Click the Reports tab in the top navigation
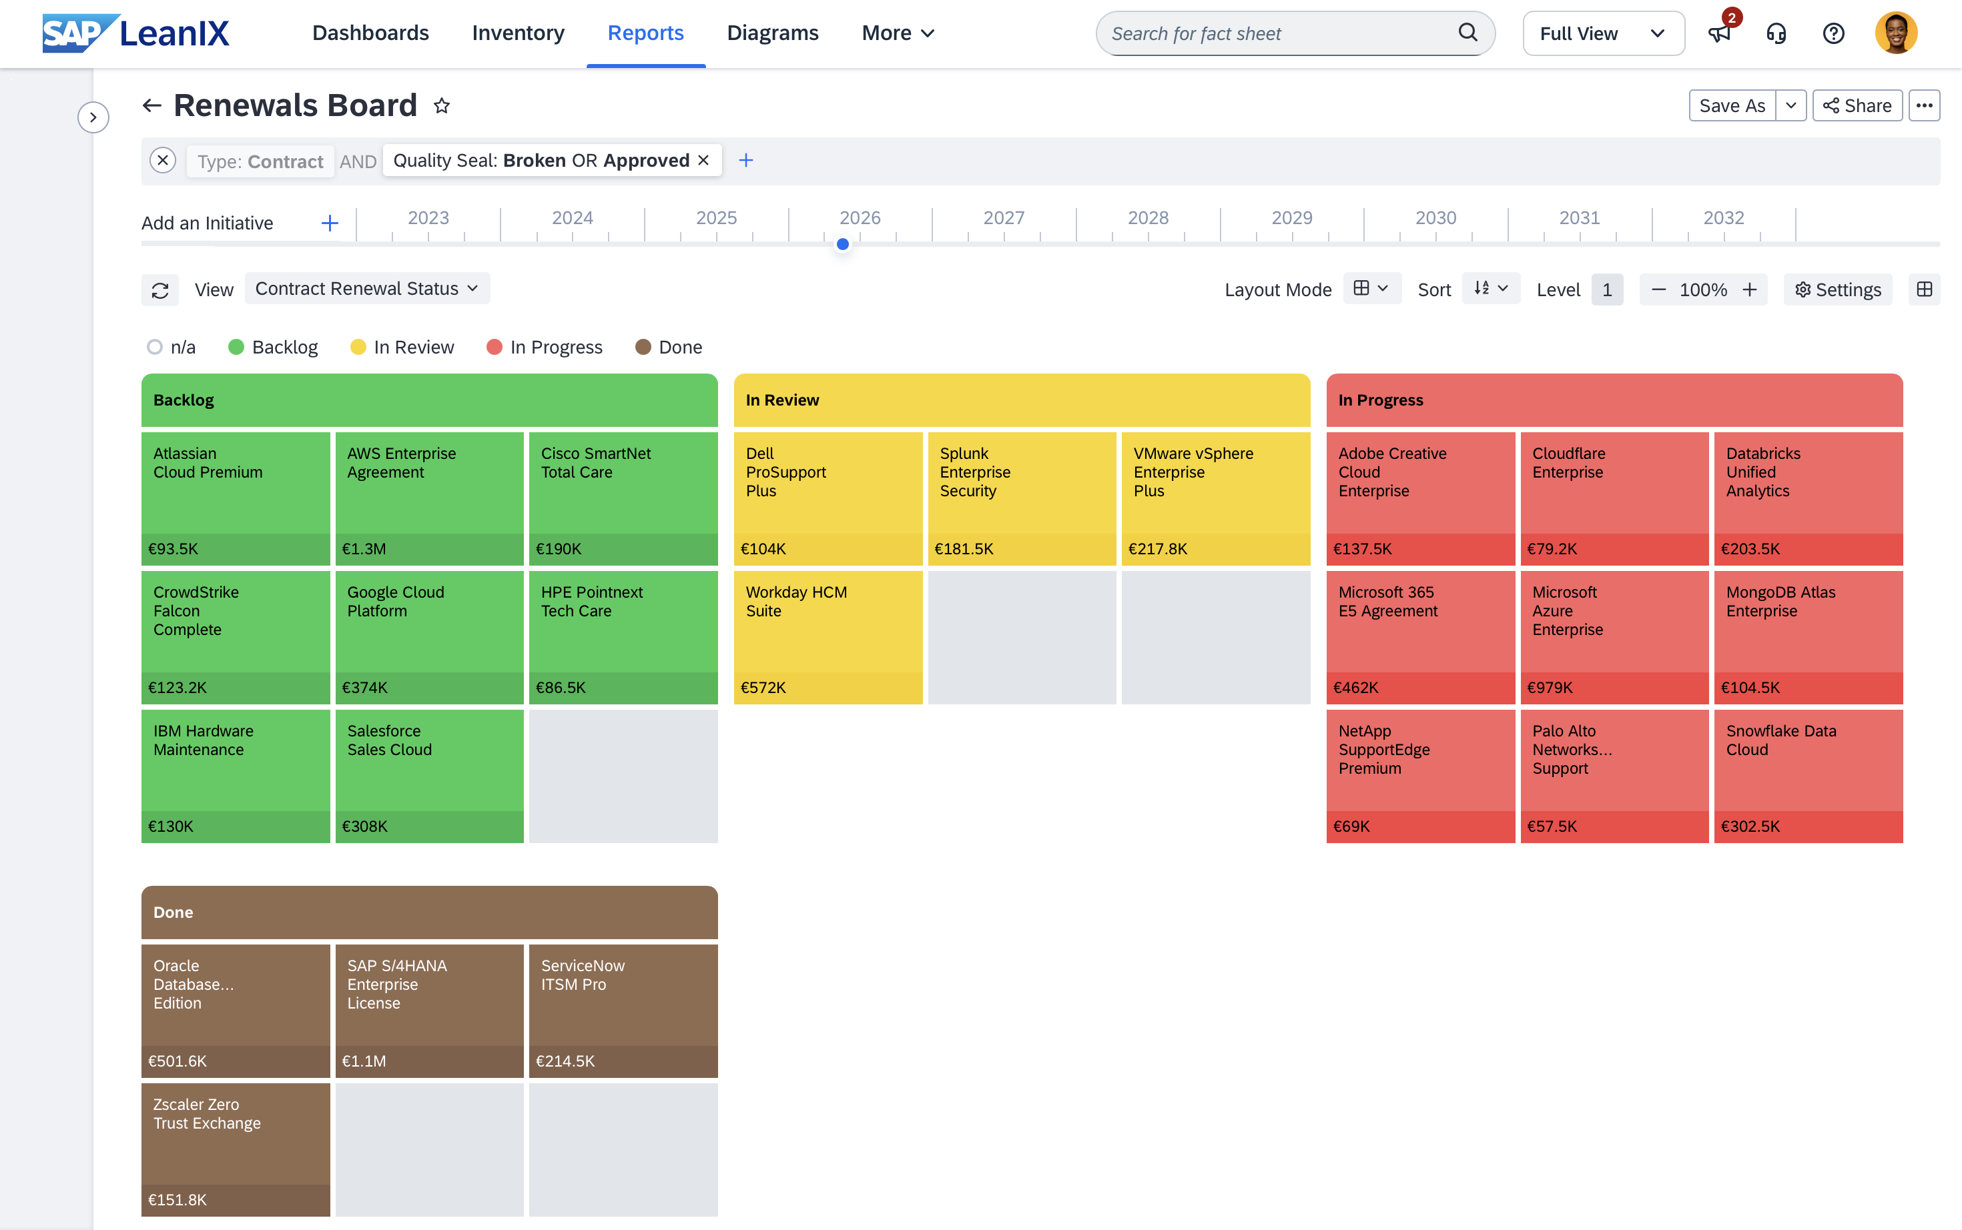[645, 33]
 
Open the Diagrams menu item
[772, 33]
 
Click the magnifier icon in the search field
[1467, 33]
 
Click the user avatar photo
[1896, 33]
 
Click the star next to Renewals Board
[442, 106]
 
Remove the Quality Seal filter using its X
[704, 160]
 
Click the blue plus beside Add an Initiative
[330, 223]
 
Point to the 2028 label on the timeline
[1147, 218]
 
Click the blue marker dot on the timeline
[843, 244]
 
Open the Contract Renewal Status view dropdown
[367, 289]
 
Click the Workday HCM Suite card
[828, 638]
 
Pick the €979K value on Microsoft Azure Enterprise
[1550, 688]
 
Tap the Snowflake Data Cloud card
[1809, 776]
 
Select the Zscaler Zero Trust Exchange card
[235, 1149]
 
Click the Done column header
[429, 912]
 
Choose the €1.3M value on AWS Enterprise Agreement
[364, 549]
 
